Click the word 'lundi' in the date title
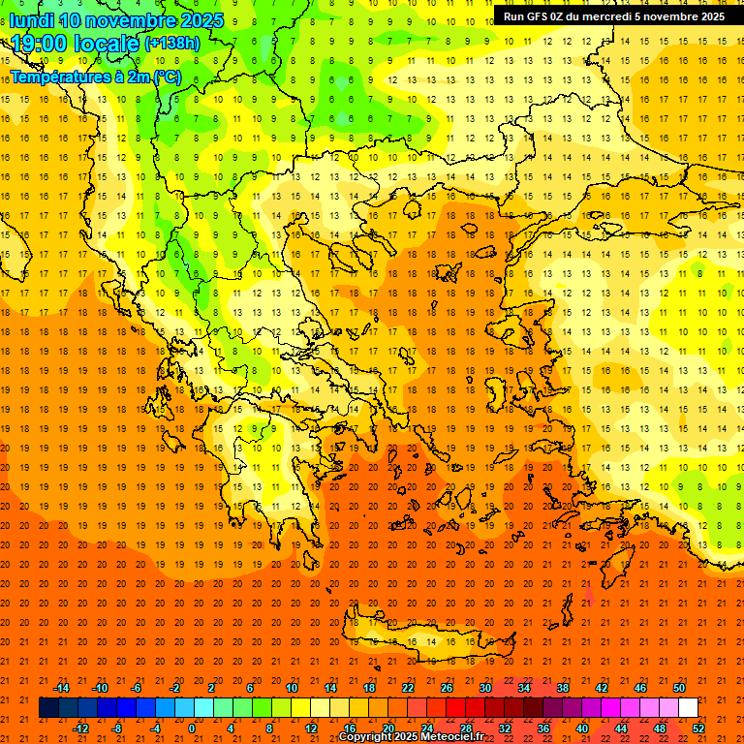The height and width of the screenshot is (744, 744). [x=31, y=20]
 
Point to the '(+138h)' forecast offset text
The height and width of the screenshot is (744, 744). [x=171, y=44]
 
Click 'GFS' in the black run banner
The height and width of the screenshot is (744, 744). [x=539, y=16]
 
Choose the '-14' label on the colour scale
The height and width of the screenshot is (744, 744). [x=61, y=688]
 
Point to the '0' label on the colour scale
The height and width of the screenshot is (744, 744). [x=191, y=728]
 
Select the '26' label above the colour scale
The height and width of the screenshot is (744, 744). [x=446, y=688]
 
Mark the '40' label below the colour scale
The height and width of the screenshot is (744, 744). [x=583, y=728]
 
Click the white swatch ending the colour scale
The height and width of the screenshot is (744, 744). [x=688, y=708]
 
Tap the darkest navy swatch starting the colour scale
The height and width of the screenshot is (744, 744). [x=48, y=708]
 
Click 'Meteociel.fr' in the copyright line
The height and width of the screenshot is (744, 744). [x=451, y=737]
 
